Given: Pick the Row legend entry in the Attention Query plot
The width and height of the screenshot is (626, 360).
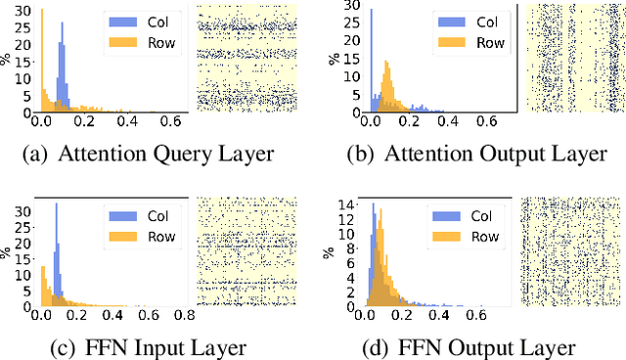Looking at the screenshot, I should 146,42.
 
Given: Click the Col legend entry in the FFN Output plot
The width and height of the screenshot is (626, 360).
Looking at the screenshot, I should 468,215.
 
